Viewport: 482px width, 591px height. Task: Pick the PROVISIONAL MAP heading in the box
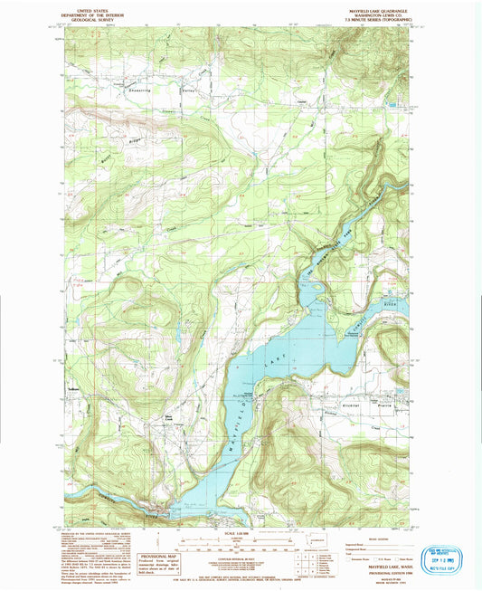pyautogui.click(x=156, y=556)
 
